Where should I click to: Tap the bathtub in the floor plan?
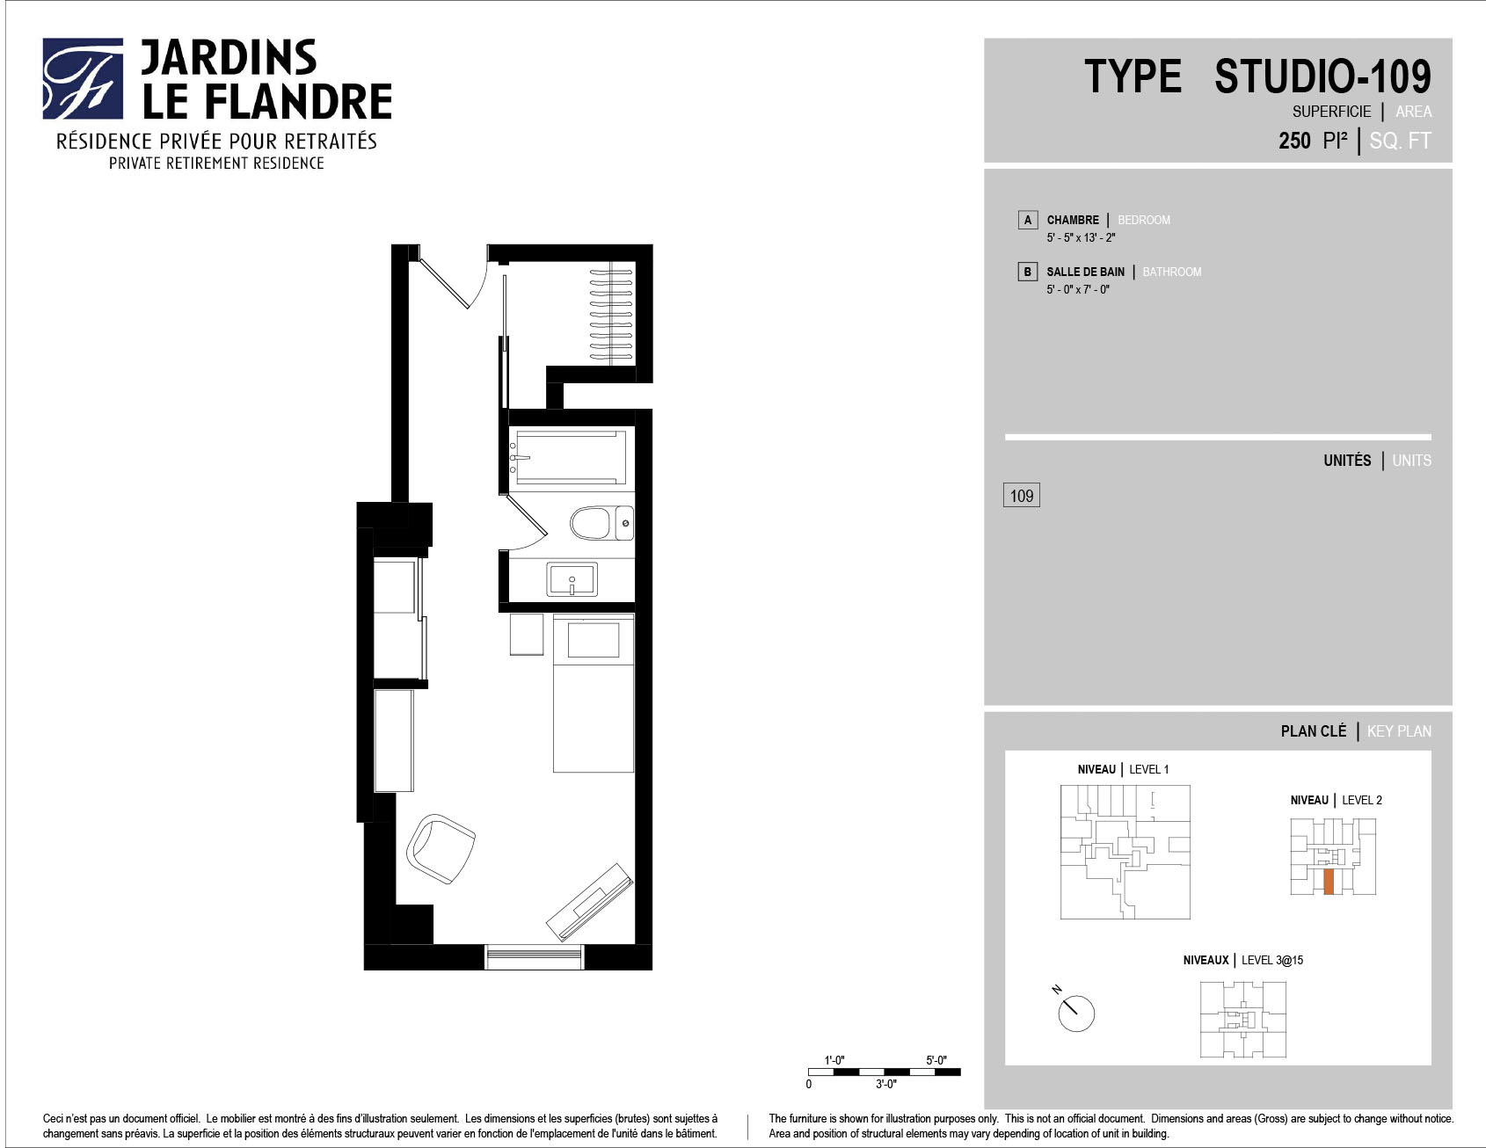(x=571, y=456)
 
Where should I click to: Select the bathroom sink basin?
(x=572, y=579)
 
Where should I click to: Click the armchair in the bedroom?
(x=441, y=848)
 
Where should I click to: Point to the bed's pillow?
(x=594, y=639)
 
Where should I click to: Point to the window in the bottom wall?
(x=534, y=956)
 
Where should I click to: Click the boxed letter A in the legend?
(x=1027, y=220)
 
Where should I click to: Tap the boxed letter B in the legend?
(x=1027, y=272)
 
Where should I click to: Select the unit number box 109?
(x=1022, y=496)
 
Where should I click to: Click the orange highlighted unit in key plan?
(x=1329, y=882)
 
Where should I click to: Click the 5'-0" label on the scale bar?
(x=936, y=1060)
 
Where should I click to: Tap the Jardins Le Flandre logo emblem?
(x=83, y=78)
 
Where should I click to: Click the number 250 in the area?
(x=1294, y=141)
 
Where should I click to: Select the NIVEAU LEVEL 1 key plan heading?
(x=1123, y=769)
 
